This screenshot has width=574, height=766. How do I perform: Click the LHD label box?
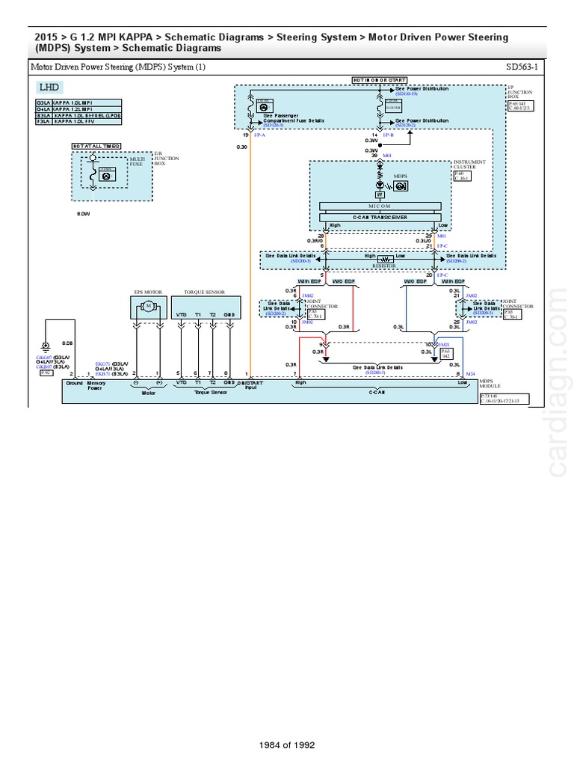click(x=49, y=88)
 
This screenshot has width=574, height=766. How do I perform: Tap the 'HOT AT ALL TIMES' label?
click(x=96, y=146)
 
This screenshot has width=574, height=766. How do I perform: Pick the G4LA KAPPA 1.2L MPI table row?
click(x=78, y=109)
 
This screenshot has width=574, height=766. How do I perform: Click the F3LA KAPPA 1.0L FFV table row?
click(x=78, y=123)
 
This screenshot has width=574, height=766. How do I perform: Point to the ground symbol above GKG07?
click(x=46, y=346)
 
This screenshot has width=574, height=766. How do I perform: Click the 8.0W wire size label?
click(x=83, y=213)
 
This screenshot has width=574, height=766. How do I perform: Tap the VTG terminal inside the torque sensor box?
click(x=181, y=315)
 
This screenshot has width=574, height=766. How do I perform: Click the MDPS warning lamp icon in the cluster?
click(x=380, y=183)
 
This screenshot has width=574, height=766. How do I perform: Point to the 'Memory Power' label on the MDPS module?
click(x=95, y=386)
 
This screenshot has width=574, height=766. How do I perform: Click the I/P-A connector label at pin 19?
click(x=259, y=135)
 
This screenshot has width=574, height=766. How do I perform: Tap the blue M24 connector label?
click(x=470, y=373)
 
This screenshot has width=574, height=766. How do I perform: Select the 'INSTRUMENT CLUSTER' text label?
click(x=469, y=165)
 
